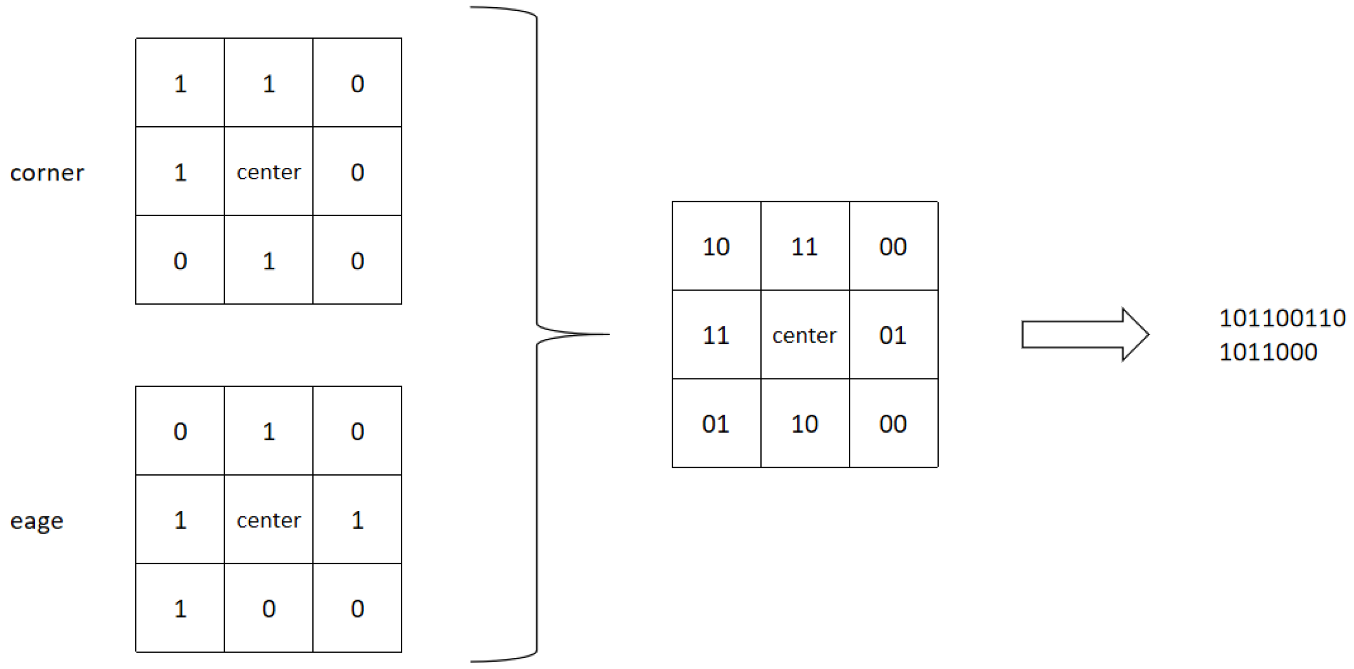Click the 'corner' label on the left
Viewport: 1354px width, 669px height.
coord(47,173)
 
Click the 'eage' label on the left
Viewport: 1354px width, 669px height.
coord(37,520)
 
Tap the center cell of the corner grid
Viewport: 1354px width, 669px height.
coord(269,172)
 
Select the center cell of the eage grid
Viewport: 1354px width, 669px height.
coord(269,519)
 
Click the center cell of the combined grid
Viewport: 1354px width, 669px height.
coord(805,334)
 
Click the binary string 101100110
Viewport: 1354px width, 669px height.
coord(1282,318)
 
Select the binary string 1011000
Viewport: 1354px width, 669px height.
coord(1267,352)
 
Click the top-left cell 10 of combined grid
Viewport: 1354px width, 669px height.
coord(716,246)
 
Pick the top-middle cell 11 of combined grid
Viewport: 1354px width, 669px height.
coord(805,246)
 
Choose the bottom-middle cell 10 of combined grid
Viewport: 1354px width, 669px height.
coord(805,423)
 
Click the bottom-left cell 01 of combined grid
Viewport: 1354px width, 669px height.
coord(716,423)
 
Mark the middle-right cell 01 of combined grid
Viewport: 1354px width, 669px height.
coord(893,334)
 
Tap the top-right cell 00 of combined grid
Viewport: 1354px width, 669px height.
coord(893,246)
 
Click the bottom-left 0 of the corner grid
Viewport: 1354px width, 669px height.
coord(180,260)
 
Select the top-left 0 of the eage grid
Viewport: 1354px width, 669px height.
coord(180,431)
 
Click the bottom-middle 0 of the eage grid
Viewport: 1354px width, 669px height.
coord(269,608)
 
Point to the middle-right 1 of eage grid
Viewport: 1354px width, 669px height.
coord(357,519)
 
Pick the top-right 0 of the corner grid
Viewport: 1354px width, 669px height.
coord(357,83)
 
